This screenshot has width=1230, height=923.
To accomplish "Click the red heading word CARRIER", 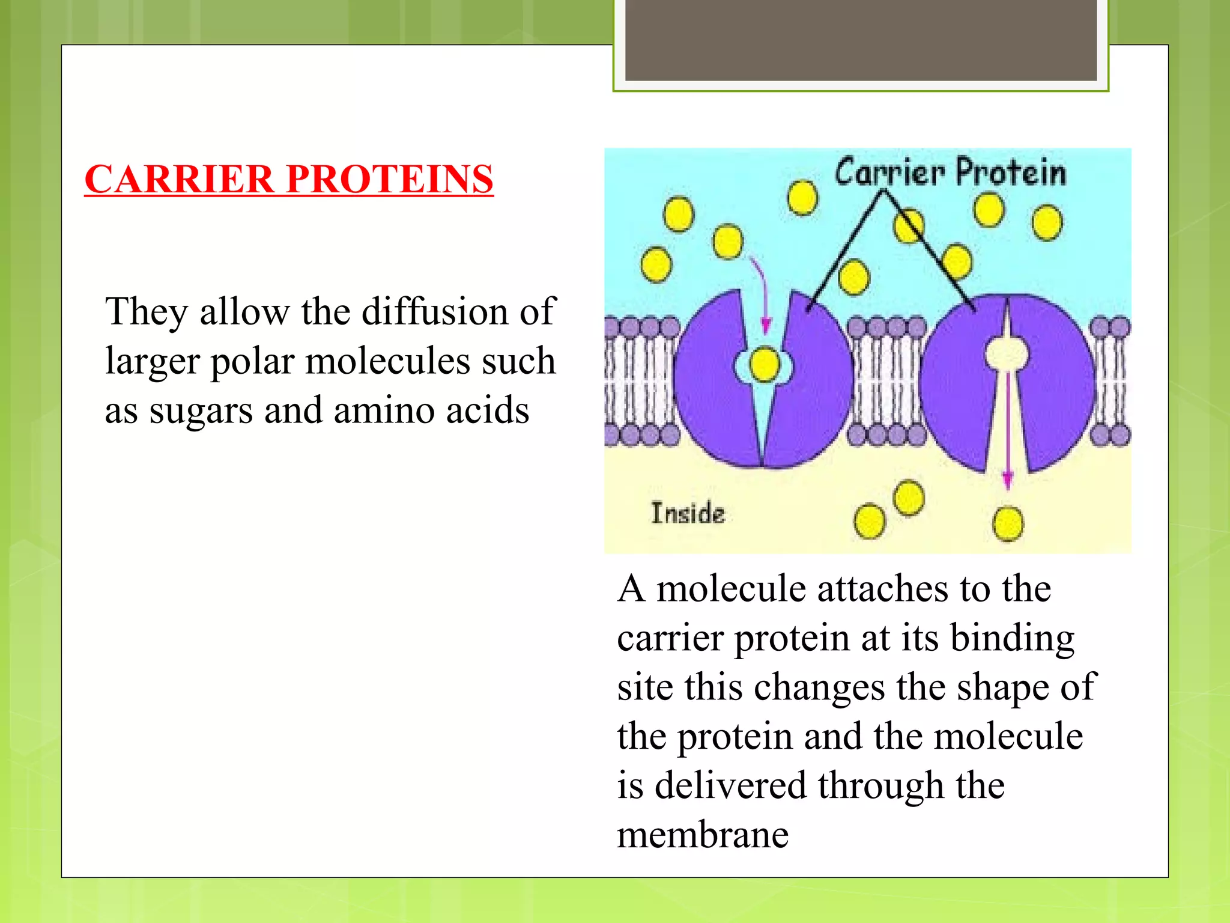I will point(179,179).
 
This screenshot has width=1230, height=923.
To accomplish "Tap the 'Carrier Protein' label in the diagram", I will point(950,172).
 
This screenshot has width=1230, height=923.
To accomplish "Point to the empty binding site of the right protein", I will point(1006,353).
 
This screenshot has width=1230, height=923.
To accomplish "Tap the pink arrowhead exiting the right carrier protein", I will point(1008,478).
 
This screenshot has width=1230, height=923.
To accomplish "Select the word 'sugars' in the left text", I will point(201,411).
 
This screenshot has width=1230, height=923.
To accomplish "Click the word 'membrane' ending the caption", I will point(703,835).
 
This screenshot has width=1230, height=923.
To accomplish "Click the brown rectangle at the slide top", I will point(861,40).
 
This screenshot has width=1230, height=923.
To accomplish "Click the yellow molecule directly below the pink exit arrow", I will point(1008,524).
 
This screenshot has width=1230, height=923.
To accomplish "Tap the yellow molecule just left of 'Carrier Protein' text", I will point(802,198).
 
